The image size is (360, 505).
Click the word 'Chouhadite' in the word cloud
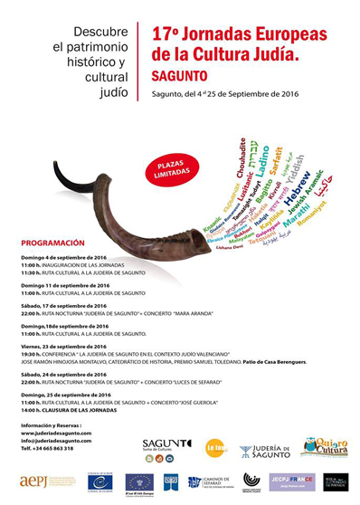pyautogui.click(x=242, y=158)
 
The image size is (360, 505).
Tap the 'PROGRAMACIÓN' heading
pyautogui.click(x=52, y=243)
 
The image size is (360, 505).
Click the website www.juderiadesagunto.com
pyautogui.click(x=57, y=434)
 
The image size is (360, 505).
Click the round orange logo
pyautogui.click(x=215, y=447)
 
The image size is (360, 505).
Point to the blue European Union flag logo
pyautogui.click(x=138, y=481)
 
